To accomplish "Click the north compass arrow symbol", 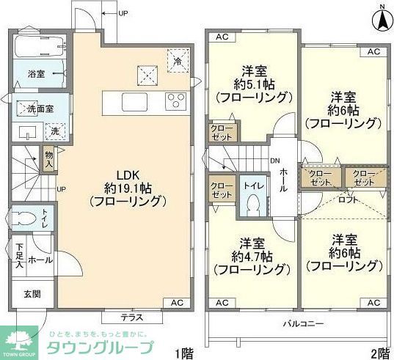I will (x=382, y=19).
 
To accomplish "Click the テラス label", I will (x=132, y=317).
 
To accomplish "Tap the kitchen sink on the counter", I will (x=134, y=100).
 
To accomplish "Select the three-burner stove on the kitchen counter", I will (x=177, y=100).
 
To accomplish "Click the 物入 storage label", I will (x=48, y=160).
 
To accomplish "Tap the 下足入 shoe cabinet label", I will (x=19, y=255).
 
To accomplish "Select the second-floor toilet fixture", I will (x=252, y=205).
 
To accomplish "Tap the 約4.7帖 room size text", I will (x=254, y=257).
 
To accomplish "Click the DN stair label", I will (x=274, y=161).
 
